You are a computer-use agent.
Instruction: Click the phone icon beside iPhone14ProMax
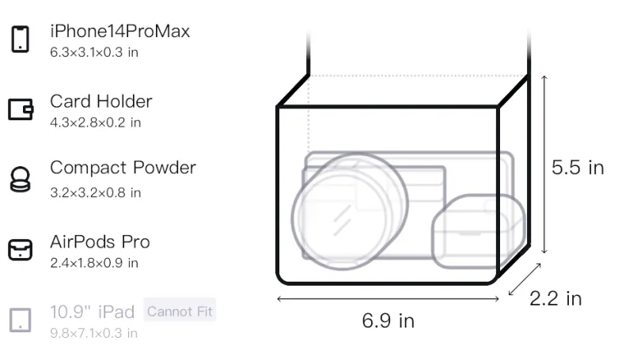click(21, 39)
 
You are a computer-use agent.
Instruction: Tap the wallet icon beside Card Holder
click(21, 109)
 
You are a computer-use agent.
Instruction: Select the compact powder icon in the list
click(21, 179)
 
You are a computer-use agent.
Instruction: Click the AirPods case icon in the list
click(21, 249)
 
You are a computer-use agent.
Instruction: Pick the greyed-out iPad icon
click(21, 320)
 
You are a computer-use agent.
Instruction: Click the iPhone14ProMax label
click(120, 32)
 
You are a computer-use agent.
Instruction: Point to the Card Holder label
click(101, 101)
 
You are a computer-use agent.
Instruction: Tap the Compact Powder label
click(123, 168)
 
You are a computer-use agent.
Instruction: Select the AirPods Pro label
click(100, 242)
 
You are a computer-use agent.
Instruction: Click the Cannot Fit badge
click(180, 311)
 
